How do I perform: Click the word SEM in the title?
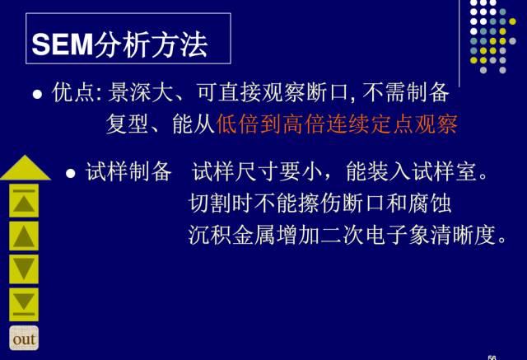pyautogui.click(x=63, y=44)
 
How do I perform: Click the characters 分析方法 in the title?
pyautogui.click(x=151, y=44)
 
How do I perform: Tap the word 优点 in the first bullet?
pyautogui.click(x=72, y=92)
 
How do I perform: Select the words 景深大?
pyautogui.click(x=141, y=92)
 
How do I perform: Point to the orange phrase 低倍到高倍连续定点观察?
pyautogui.click(x=337, y=124)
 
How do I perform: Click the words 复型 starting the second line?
pyautogui.click(x=127, y=124)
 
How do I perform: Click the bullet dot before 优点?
pyautogui.click(x=37, y=94)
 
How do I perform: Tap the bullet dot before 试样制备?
pyautogui.click(x=71, y=174)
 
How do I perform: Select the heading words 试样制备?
pyautogui.click(x=128, y=171)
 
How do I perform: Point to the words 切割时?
pyautogui.click(x=220, y=203)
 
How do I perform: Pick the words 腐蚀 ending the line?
pyautogui.click(x=429, y=203)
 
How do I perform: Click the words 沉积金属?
pyautogui.click(x=231, y=235)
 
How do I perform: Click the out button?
pyautogui.click(x=24, y=338)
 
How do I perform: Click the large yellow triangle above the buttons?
pyautogui.click(x=26, y=168)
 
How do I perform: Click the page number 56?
pyautogui.click(x=492, y=358)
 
